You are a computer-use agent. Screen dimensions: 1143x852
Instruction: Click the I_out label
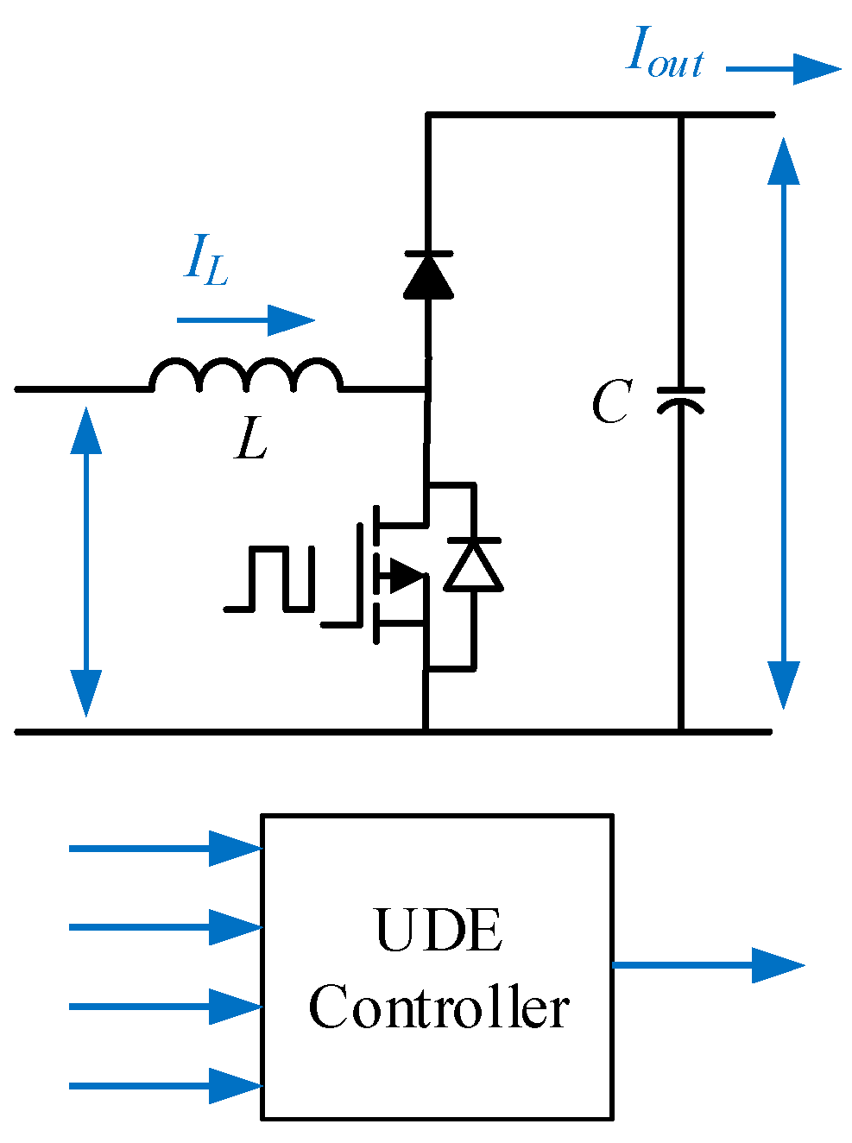click(664, 54)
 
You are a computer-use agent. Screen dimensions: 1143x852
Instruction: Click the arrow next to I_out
click(782, 69)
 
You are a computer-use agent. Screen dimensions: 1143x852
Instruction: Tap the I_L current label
click(206, 260)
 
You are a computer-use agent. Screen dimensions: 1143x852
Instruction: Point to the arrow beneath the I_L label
click(245, 320)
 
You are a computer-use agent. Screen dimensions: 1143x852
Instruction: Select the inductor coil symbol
click(246, 376)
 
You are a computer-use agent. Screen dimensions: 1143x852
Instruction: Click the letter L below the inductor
click(251, 439)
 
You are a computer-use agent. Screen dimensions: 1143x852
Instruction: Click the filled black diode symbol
click(427, 275)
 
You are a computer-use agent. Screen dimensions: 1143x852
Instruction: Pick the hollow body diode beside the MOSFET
click(473, 565)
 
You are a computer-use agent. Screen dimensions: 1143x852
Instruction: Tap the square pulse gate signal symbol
click(269, 578)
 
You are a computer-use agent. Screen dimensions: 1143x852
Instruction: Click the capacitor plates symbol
click(681, 399)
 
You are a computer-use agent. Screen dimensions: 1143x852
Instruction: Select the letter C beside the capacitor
click(611, 402)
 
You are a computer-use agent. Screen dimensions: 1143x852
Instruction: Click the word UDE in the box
click(439, 931)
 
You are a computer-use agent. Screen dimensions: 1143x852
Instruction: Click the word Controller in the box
click(439, 1007)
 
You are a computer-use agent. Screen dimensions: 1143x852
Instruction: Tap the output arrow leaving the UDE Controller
click(708, 965)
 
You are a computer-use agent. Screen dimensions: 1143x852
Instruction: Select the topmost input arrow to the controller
click(165, 849)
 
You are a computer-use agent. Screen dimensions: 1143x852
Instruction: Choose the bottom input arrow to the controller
click(165, 1086)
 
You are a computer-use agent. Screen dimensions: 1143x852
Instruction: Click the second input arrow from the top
click(165, 927)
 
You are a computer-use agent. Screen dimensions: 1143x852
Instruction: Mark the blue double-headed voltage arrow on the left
click(85, 561)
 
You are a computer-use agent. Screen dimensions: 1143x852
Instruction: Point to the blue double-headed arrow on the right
click(784, 423)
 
